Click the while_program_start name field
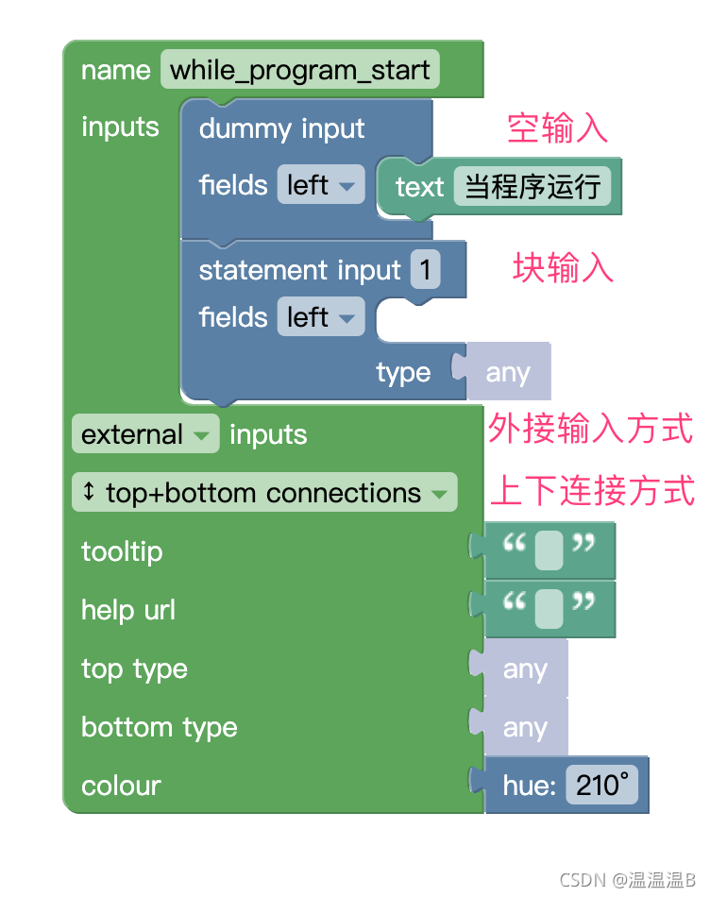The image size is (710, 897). (299, 70)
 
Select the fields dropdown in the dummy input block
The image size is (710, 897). (320, 185)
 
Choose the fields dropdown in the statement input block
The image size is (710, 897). (320, 317)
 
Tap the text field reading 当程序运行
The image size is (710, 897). (532, 186)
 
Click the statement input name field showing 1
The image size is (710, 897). (425, 271)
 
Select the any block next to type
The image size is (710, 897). (508, 374)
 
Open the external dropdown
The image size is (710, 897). (144, 434)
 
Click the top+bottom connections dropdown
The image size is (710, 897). (264, 493)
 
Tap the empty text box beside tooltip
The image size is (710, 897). (549, 551)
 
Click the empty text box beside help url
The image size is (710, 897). (549, 610)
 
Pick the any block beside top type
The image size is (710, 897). (525, 669)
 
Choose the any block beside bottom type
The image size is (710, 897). (525, 728)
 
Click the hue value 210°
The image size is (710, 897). (601, 786)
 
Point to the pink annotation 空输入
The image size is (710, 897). (557, 127)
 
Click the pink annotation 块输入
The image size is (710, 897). (563, 268)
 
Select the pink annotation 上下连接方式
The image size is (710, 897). (592, 491)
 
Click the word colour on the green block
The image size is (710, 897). (121, 786)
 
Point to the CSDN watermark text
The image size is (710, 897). (626, 880)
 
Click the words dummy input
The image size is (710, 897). (281, 128)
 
